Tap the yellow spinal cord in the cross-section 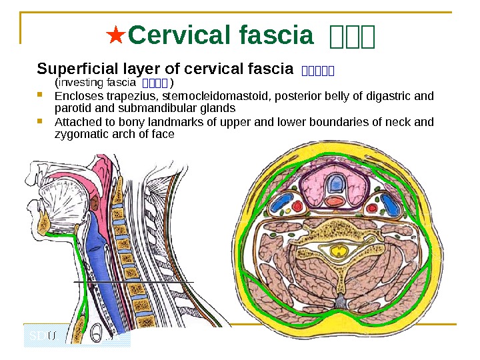tap(341, 250)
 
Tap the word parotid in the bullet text tap(69, 107)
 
